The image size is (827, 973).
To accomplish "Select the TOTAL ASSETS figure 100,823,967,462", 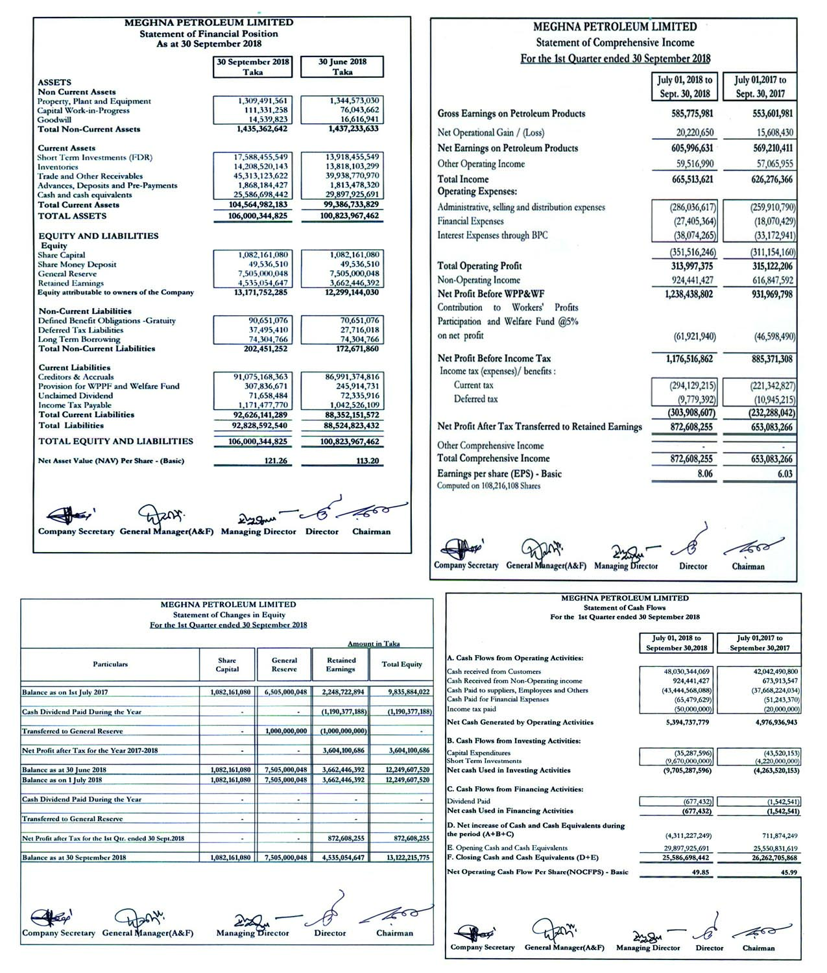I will (350, 216).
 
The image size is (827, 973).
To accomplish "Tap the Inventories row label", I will (58, 167).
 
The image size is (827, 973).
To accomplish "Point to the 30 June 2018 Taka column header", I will (342, 67).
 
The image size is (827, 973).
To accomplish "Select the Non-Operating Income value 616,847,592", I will (766, 280).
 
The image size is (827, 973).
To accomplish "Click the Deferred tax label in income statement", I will (475, 399).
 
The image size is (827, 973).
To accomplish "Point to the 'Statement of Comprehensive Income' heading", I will (615, 43).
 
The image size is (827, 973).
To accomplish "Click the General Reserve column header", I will (284, 664).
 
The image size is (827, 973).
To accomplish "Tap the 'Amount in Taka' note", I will (374, 643).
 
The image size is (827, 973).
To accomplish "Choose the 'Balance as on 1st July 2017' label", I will (65, 692).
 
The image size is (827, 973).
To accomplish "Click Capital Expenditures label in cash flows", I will (479, 752).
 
